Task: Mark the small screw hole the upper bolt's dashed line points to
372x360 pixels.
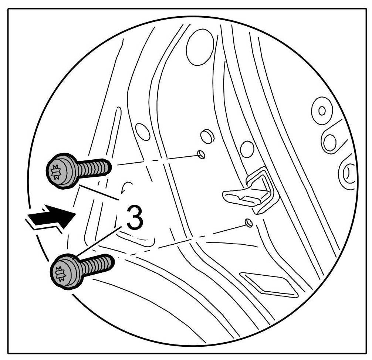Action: click(x=201, y=154)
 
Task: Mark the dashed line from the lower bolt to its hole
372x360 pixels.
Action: click(x=177, y=240)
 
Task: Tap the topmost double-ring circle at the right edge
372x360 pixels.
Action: click(x=322, y=110)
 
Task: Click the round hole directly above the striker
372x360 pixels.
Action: click(x=247, y=149)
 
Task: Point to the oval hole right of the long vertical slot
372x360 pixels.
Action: click(x=143, y=132)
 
